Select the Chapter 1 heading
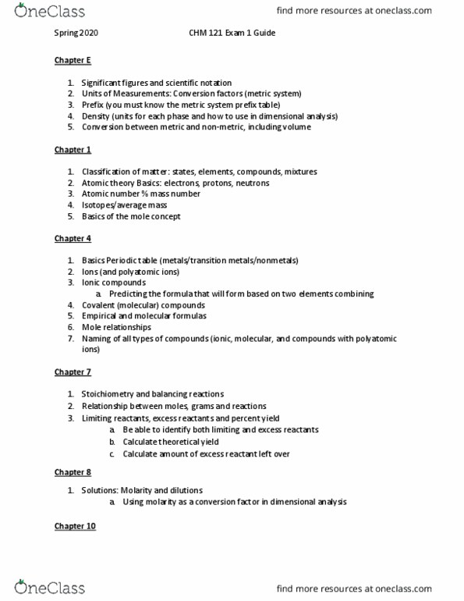coord(73,150)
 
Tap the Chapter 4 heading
coord(73,239)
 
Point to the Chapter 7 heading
coord(73,372)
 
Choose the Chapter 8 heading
coord(73,472)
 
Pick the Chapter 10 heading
coord(75,526)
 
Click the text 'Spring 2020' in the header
coord(76,34)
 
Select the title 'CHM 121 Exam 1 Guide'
coord(232,34)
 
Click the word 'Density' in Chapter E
coord(95,116)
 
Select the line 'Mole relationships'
coord(116,328)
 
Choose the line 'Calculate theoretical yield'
coord(170,442)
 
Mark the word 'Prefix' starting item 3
coord(93,105)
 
